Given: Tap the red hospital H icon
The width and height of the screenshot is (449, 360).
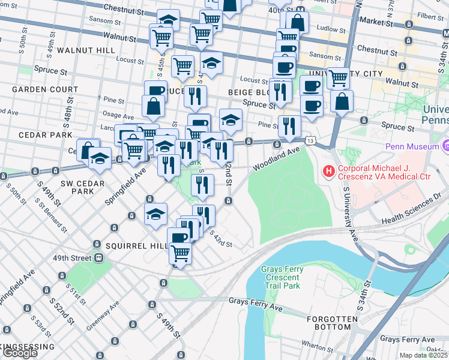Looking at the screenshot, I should (328, 172).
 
